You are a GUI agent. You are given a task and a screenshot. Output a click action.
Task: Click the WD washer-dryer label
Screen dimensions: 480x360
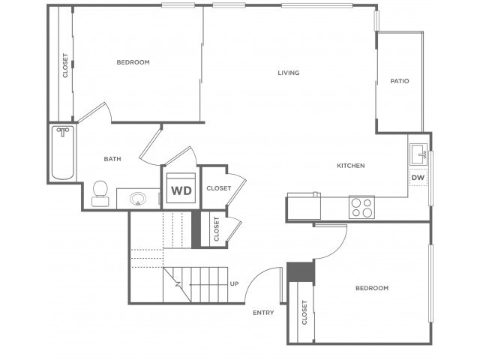(x=181, y=190)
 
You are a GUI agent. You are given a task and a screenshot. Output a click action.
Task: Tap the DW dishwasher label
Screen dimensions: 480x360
(x=418, y=178)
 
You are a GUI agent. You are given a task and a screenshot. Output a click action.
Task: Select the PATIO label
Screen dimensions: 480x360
(x=400, y=81)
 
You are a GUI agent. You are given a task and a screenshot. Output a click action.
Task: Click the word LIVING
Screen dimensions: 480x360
(x=288, y=73)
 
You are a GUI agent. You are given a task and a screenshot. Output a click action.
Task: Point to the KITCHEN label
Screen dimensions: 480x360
(x=351, y=166)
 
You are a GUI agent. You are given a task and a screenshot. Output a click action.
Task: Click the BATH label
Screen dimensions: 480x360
(x=112, y=159)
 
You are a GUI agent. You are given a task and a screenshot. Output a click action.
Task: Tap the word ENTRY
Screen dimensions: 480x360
(x=263, y=313)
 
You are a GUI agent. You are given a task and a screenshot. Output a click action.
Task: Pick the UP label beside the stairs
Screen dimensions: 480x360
(x=234, y=283)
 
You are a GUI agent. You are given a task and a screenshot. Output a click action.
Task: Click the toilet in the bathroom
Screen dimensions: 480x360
(x=100, y=193)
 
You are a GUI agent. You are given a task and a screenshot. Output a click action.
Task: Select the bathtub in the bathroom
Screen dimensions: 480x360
(x=63, y=153)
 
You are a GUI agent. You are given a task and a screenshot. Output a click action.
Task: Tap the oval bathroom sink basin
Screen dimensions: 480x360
(x=138, y=199)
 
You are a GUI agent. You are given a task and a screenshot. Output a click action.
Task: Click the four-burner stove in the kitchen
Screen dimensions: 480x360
(x=361, y=207)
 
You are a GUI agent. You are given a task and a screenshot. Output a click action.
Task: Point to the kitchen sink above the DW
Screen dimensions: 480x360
(x=418, y=154)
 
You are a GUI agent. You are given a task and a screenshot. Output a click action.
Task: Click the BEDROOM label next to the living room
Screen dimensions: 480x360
(x=133, y=62)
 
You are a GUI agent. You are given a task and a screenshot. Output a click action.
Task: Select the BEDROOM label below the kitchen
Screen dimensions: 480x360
(x=372, y=288)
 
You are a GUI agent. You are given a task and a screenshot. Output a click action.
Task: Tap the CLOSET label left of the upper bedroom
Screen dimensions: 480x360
(x=65, y=65)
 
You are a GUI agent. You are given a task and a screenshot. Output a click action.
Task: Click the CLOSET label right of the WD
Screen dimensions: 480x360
(x=218, y=188)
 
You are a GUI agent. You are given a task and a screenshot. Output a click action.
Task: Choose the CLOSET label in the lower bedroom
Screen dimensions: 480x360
(x=304, y=312)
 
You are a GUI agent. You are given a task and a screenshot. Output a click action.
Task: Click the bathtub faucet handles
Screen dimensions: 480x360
(x=63, y=132)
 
